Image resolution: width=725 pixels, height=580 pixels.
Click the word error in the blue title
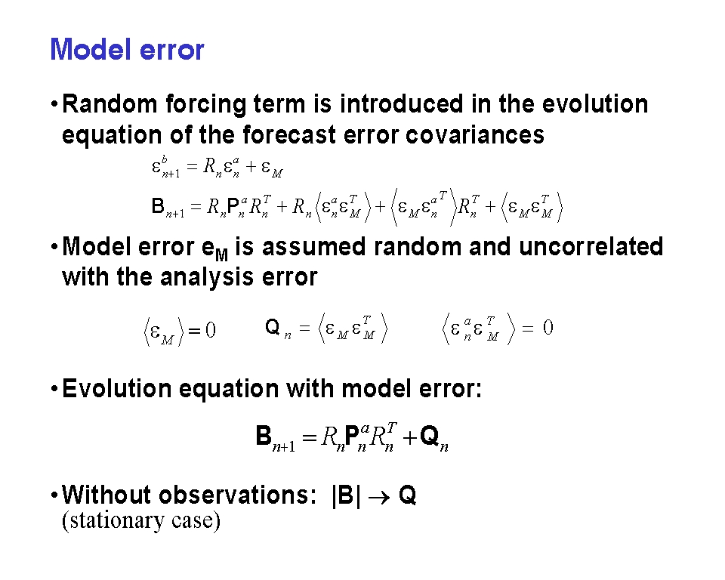click(171, 51)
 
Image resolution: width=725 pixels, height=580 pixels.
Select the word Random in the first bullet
click(110, 103)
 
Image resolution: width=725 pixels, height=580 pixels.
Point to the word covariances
click(475, 135)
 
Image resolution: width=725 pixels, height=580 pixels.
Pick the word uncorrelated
click(591, 246)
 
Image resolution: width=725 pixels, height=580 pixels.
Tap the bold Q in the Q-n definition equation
click(273, 327)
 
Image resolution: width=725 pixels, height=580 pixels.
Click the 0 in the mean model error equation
click(211, 330)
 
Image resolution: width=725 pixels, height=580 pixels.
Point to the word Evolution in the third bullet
click(117, 388)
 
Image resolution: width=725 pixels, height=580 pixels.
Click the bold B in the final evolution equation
click(264, 436)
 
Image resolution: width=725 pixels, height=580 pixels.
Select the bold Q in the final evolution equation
click(430, 436)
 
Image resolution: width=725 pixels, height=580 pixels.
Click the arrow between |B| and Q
click(379, 497)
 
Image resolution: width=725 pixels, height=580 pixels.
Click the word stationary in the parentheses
click(113, 521)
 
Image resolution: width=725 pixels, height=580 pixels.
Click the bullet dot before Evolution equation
click(54, 388)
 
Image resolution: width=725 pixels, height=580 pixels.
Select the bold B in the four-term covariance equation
click(158, 206)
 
